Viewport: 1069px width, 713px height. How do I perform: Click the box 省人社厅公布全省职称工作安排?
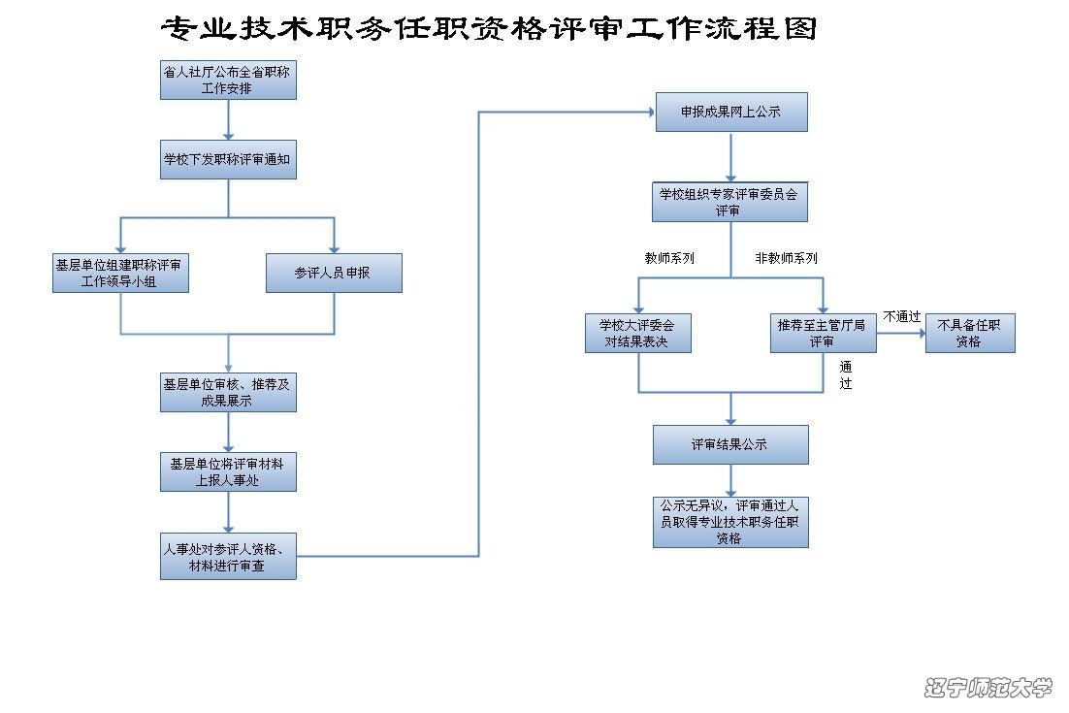pyautogui.click(x=228, y=80)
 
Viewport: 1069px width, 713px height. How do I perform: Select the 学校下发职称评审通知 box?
pyautogui.click(x=228, y=159)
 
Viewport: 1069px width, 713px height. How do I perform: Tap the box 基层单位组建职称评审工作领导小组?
pyautogui.click(x=120, y=273)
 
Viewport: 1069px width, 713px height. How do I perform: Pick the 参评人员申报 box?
pyautogui.click(x=334, y=273)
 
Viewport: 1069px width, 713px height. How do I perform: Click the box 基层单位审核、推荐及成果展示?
pyautogui.click(x=228, y=393)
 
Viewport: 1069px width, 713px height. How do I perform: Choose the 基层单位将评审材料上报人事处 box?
pyautogui.click(x=228, y=471)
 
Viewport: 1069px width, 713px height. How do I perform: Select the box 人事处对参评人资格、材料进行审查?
pyautogui.click(x=228, y=556)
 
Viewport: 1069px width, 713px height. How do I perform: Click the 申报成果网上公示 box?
pyautogui.click(x=731, y=112)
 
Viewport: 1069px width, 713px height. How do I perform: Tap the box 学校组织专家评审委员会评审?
pyautogui.click(x=730, y=202)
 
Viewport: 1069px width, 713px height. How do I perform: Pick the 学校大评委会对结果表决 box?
pyautogui.click(x=638, y=334)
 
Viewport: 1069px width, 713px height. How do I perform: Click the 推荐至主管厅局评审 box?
pyautogui.click(x=824, y=334)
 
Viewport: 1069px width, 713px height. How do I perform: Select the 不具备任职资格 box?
pyautogui.click(x=970, y=334)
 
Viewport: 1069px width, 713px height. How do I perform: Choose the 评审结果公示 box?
pyautogui.click(x=730, y=445)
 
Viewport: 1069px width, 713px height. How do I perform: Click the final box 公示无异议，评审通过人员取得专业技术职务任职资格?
pyautogui.click(x=730, y=522)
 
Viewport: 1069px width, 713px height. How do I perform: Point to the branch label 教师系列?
pyautogui.click(x=669, y=258)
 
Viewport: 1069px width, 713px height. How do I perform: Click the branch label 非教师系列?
pyautogui.click(x=786, y=258)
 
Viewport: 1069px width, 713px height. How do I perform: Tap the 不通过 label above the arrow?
pyautogui.click(x=902, y=316)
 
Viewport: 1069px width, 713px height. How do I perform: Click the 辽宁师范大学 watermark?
pyautogui.click(x=988, y=687)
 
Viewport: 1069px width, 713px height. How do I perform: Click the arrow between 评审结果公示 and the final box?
pyautogui.click(x=730, y=480)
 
